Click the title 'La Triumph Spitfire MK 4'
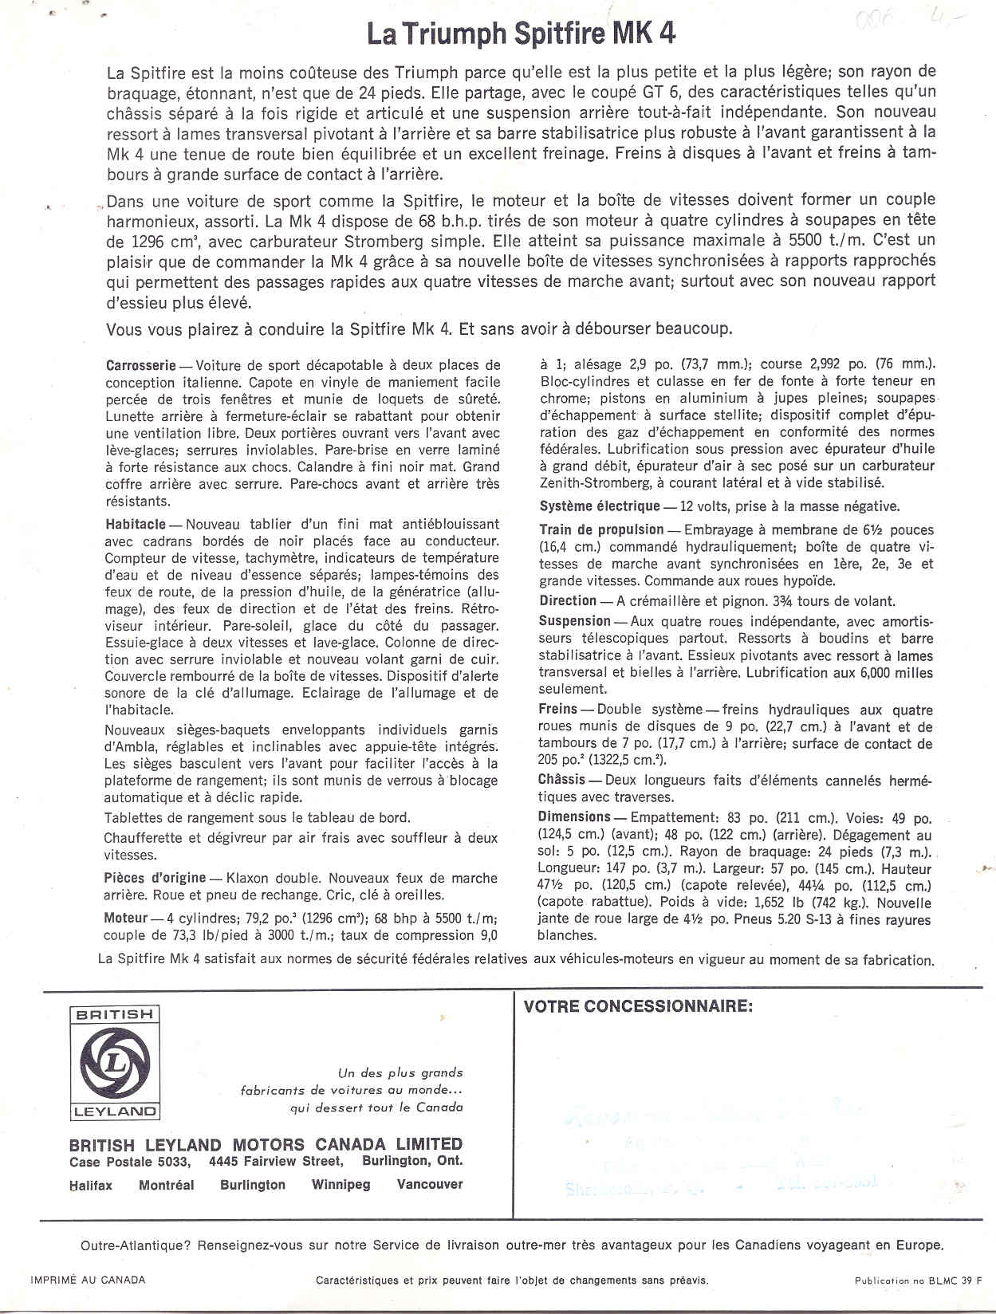pyautogui.click(x=522, y=34)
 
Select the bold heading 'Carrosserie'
pyautogui.click(x=140, y=365)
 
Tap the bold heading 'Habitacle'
pyautogui.click(x=135, y=524)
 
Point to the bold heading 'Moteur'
pyautogui.click(x=126, y=918)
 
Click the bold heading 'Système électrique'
pyautogui.click(x=600, y=506)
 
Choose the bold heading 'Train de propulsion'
pyautogui.click(x=601, y=529)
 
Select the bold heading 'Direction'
pyautogui.click(x=567, y=600)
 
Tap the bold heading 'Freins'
pyautogui.click(x=557, y=709)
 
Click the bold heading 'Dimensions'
pyautogui.click(x=574, y=816)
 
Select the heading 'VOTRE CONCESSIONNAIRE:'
pyautogui.click(x=638, y=1006)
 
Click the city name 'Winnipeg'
pyautogui.click(x=341, y=1185)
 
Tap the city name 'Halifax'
pyautogui.click(x=91, y=1186)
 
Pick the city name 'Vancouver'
pyautogui.click(x=429, y=1185)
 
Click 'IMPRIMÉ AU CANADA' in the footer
pyautogui.click(x=88, y=1280)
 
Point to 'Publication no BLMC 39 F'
pyautogui.click(x=918, y=1281)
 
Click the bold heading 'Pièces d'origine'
pyautogui.click(x=156, y=878)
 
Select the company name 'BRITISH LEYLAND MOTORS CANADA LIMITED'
pyautogui.click(x=266, y=1144)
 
